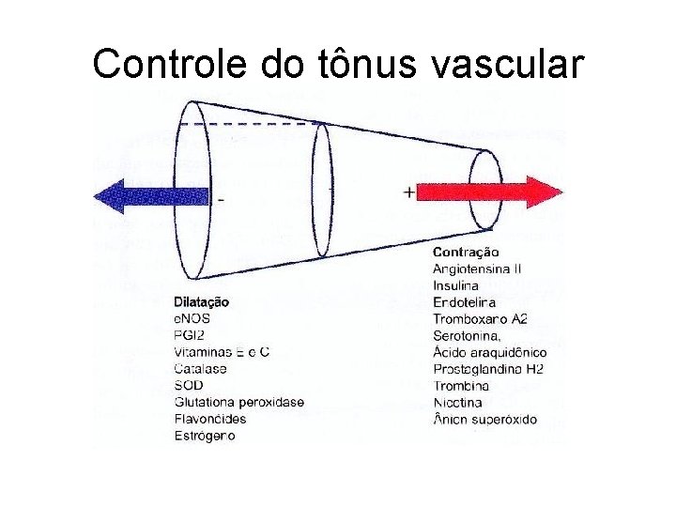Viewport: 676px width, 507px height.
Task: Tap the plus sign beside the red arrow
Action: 408,192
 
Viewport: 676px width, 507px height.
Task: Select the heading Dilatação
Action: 201,302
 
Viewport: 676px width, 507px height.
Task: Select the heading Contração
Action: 466,252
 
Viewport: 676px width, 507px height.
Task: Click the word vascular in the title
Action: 510,63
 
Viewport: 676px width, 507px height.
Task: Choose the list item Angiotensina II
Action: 477,269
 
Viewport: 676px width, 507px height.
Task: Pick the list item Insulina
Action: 454,285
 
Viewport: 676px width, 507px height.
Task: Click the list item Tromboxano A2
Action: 479,319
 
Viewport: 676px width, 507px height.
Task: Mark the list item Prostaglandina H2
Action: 487,369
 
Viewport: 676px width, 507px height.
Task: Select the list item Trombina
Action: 460,386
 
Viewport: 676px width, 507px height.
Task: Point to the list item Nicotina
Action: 458,403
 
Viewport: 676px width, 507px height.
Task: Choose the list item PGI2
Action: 189,335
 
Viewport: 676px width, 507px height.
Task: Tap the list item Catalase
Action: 200,369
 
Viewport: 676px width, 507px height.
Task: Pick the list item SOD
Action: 188,386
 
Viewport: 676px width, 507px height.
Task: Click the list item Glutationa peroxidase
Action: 238,403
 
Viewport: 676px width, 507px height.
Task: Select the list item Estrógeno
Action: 204,436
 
